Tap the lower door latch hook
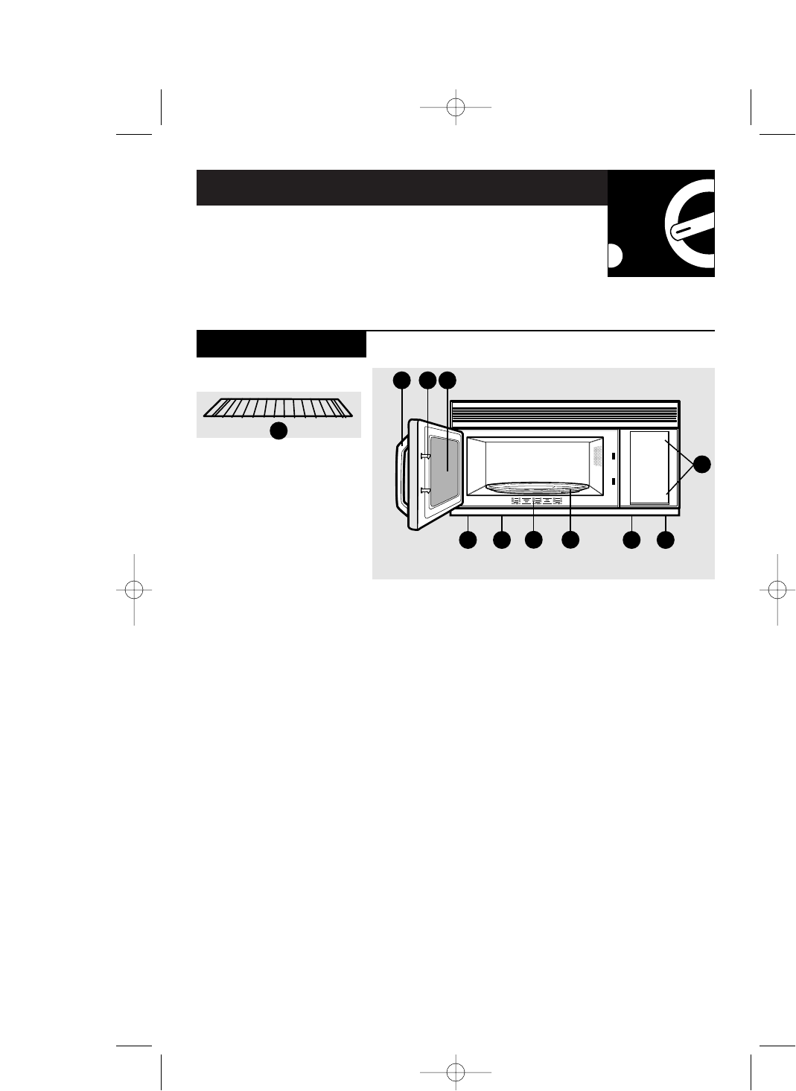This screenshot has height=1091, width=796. coord(426,490)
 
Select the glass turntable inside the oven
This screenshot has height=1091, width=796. coord(534,489)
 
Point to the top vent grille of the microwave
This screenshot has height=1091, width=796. coord(564,413)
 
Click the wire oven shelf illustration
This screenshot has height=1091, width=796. coord(278,407)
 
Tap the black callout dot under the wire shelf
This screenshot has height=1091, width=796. coord(278,430)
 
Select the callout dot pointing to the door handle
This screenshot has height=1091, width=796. coord(402,380)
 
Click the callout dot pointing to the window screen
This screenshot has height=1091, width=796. coord(447,380)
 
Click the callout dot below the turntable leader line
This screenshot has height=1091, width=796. coord(570,541)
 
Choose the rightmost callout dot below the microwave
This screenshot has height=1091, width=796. coord(666,541)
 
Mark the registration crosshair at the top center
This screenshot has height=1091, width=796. coord(456,107)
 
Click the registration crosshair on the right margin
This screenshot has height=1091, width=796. coord(776,589)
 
